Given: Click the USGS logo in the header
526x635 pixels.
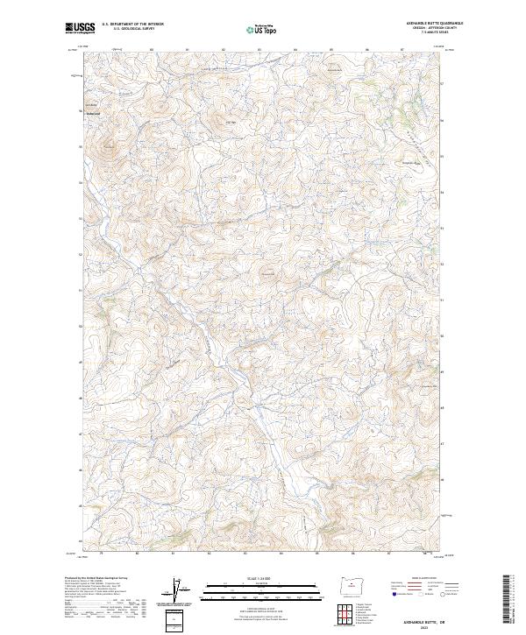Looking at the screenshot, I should [x=79, y=27].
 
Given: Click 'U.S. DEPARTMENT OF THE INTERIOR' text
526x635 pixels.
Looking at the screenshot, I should [x=132, y=24].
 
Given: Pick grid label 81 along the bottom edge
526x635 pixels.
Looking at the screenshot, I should [x=174, y=554].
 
